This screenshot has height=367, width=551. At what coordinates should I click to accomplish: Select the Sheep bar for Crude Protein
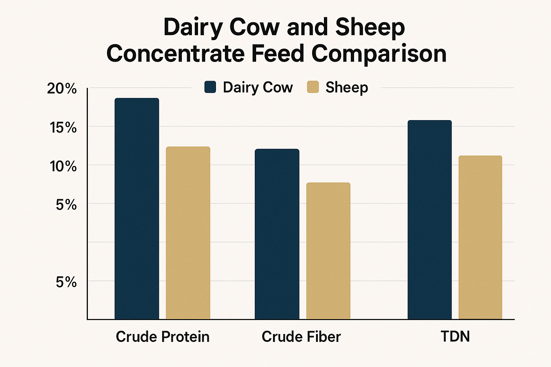click(188, 233)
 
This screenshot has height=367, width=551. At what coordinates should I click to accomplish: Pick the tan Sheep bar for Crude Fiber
click(328, 251)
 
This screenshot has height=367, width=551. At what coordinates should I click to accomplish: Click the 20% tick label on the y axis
click(62, 89)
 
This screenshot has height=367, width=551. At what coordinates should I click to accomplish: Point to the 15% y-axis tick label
click(63, 128)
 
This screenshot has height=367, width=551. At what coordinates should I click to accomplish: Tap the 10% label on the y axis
click(63, 166)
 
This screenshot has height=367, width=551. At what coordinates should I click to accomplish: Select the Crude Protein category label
click(163, 337)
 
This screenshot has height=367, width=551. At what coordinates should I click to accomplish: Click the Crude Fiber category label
click(301, 337)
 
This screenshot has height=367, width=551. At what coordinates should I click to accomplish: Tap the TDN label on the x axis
click(455, 337)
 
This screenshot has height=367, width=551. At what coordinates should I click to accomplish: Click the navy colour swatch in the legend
click(210, 87)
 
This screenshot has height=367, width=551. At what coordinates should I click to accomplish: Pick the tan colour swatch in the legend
click(313, 87)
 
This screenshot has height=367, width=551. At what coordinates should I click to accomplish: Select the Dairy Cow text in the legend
click(258, 87)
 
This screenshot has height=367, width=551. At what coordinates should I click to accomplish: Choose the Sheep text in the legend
click(347, 87)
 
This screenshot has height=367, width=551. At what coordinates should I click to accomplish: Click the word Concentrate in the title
click(175, 54)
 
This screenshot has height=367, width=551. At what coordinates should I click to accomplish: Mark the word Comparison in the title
click(379, 54)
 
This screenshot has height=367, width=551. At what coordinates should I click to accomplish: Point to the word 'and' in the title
click(307, 27)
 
